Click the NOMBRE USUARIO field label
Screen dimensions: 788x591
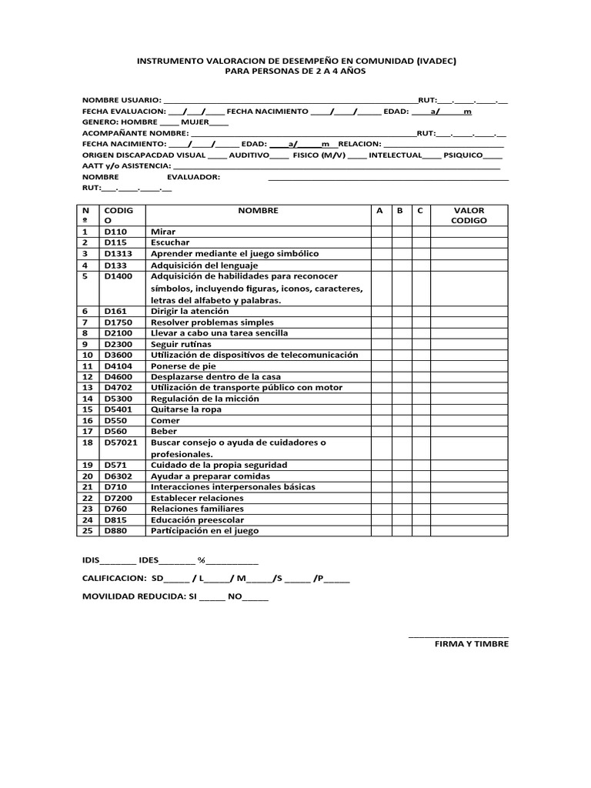122,100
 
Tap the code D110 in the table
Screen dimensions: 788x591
115,231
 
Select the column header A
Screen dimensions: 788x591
379,210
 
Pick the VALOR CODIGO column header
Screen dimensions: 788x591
469,215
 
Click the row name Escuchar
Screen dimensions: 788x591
170,242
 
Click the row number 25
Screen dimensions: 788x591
88,530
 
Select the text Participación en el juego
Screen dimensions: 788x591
205,530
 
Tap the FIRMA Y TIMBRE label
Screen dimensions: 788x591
471,643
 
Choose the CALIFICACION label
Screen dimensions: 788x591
114,578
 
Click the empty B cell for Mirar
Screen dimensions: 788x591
400,231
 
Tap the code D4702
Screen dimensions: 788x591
119,388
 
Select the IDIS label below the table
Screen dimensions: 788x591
92,559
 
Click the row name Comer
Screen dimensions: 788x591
165,421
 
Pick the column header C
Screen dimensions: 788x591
419,210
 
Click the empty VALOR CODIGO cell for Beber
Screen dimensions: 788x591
469,432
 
